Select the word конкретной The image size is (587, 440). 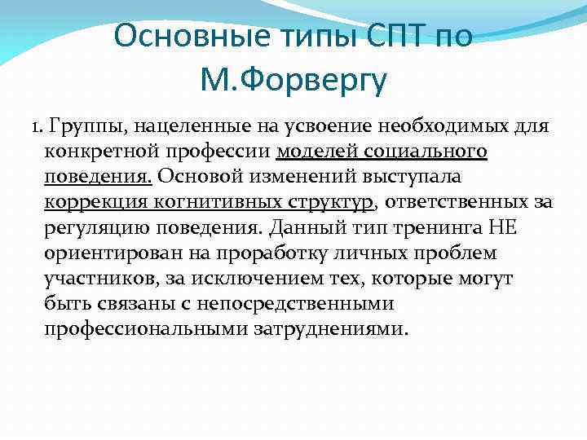[99, 152]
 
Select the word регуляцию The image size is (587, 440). [97, 228]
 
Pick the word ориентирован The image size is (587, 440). [109, 253]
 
